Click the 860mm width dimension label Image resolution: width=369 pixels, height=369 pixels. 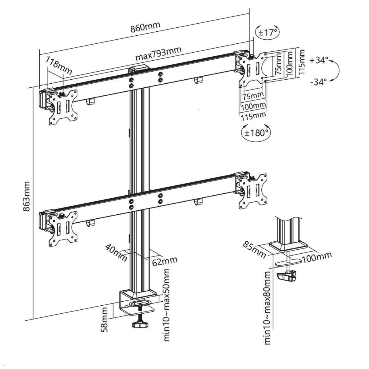coord(145,27)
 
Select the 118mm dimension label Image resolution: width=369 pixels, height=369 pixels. coord(58,65)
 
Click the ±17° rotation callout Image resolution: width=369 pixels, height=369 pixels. coord(267,32)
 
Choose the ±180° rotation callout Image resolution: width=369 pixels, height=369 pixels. coord(256,133)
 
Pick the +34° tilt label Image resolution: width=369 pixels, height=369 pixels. coord(319,60)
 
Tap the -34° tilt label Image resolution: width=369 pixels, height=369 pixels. coord(319,82)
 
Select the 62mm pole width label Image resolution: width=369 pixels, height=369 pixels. coord(165,261)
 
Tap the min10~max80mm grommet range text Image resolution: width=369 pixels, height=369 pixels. coord(267,307)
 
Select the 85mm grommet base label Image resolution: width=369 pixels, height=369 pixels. coord(254,249)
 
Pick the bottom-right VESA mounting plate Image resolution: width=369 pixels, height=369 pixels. coord(253,191)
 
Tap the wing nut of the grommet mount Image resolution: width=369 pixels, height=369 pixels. coord(287,276)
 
